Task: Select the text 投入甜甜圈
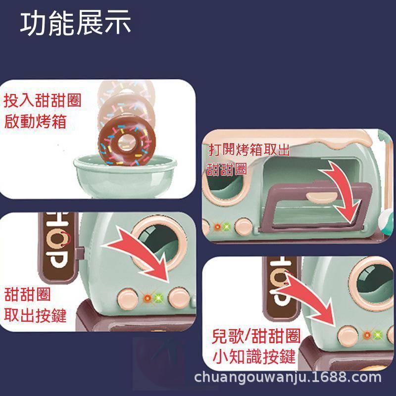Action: coord(42,101)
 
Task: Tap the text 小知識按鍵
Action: coord(254,356)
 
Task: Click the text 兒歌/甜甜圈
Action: coord(256,337)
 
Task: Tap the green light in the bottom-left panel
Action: coord(158,298)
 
